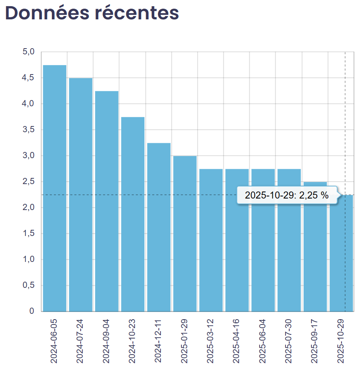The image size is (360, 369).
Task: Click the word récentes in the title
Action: click(137, 13)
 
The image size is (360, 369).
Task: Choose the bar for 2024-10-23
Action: click(132, 214)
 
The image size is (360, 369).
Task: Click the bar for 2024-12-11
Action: click(159, 227)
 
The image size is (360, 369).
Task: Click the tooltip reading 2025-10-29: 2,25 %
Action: click(287, 195)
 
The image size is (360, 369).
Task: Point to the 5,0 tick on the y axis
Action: click(28, 52)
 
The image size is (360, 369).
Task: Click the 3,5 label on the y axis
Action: click(28, 130)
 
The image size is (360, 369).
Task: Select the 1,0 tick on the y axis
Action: click(28, 259)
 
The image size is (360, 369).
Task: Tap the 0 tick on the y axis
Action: click(32, 311)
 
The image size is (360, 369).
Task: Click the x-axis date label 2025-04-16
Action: click(237, 340)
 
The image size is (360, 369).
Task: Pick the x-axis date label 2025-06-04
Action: click(262, 340)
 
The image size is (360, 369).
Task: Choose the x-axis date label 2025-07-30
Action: click(288, 340)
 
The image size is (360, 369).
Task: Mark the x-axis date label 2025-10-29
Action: click(341, 340)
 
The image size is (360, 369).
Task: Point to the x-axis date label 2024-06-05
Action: click(54, 340)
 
